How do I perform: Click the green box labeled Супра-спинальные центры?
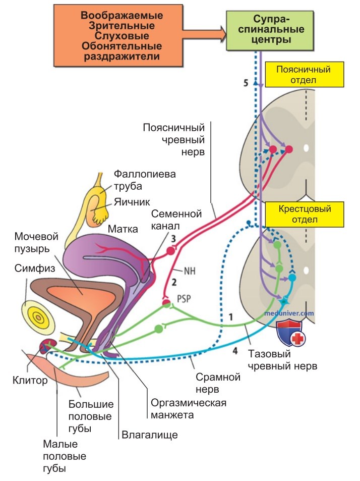click(270, 30)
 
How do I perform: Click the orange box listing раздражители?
click(118, 36)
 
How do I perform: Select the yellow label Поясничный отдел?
click(304, 75)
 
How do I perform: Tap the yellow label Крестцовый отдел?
click(305, 214)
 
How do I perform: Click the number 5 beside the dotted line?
click(246, 83)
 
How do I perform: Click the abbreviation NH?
click(190, 271)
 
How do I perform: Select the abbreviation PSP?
click(184, 298)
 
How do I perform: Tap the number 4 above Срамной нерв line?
click(235, 350)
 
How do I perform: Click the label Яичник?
click(132, 202)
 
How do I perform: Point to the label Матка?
click(123, 229)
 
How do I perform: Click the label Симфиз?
click(35, 269)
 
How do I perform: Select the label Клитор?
click(30, 381)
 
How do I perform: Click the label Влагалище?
click(150, 435)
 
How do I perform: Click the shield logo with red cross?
click(290, 333)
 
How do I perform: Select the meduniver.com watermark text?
click(289, 313)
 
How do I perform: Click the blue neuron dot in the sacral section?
click(292, 278)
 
